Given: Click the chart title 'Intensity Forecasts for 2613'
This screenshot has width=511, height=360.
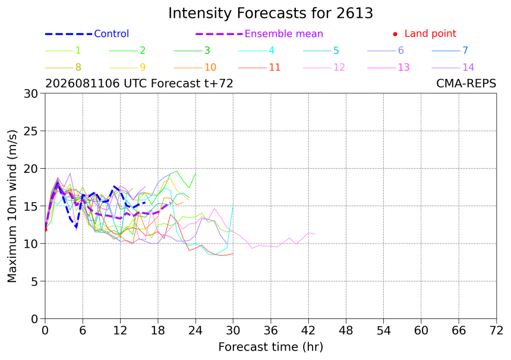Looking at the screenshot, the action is click(x=270, y=14).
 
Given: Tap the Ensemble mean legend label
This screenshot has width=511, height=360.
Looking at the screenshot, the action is click(x=284, y=34).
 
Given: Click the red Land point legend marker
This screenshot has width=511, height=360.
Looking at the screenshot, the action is click(x=395, y=34).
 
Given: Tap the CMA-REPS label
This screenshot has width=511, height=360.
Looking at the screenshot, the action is click(x=466, y=84).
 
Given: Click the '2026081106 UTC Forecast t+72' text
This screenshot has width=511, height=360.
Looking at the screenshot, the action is click(x=139, y=84).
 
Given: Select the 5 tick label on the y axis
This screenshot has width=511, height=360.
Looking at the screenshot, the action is click(x=34, y=281).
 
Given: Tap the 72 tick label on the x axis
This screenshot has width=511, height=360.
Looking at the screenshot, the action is click(x=496, y=331).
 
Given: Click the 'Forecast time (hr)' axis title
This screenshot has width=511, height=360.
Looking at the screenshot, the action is click(x=271, y=348).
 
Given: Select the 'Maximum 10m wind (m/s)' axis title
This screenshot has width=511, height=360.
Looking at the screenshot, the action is click(x=12, y=206).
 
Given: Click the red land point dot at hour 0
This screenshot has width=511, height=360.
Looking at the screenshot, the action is click(x=45, y=230).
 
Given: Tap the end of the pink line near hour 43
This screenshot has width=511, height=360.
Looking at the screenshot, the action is click(x=314, y=234).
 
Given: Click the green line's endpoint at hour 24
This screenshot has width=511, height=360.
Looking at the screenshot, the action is click(x=195, y=173).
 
